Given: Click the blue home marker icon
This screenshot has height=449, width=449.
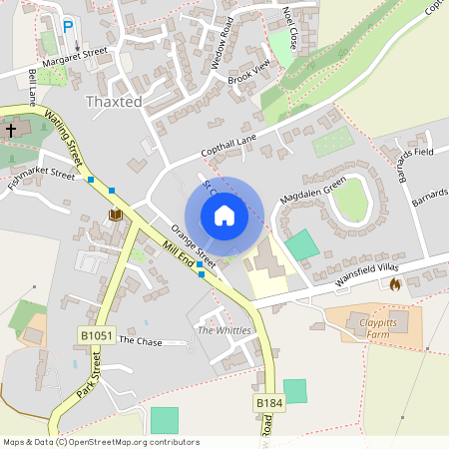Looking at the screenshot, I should tap(224, 215).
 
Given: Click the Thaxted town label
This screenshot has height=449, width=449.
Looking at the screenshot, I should tap(116, 102).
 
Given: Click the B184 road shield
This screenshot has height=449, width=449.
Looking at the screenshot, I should tap(267, 402).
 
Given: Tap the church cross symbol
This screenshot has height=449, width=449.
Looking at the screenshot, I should tap(11, 130).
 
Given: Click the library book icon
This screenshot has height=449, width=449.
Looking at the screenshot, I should tap(115, 215).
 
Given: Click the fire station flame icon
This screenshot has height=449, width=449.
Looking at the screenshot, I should tap(394, 284).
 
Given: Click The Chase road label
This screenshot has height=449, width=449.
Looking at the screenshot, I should tap(140, 340).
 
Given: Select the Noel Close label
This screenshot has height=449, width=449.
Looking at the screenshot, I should tap(290, 27).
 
